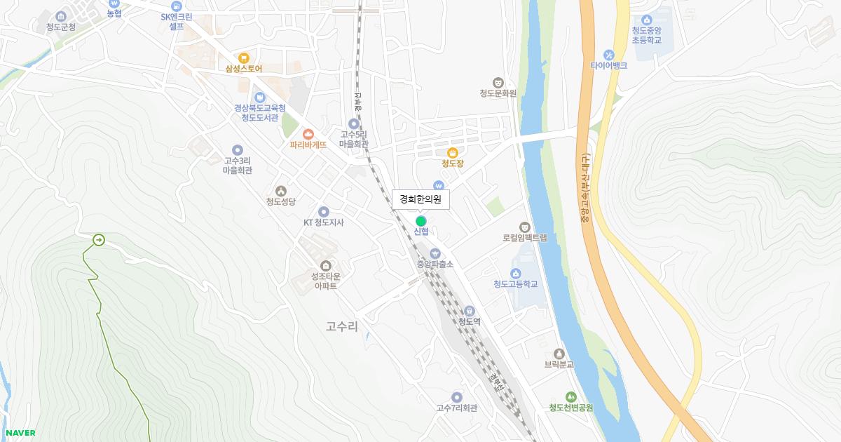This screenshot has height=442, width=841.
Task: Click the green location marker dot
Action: click(420, 221)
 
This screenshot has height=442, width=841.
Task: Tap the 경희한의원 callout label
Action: click(420, 199)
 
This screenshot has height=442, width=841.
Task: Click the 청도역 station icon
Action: click(470, 311)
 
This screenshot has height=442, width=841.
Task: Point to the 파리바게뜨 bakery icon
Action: click(308, 134)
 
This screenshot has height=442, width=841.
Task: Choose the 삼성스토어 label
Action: click(243, 69)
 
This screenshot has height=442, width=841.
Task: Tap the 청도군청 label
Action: click(56, 27)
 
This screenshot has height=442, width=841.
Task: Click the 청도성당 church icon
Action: click(281, 190)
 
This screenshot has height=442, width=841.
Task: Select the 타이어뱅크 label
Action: click(608, 65)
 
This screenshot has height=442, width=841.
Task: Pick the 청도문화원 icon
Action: click(498, 82)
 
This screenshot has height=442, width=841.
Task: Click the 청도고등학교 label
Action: click(515, 284)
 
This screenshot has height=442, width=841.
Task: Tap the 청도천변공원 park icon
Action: click(570, 397)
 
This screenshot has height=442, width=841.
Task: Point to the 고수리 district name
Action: click(342, 326)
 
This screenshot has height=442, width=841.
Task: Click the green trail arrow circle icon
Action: click(98, 241)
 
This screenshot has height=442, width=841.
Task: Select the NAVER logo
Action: click(20, 433)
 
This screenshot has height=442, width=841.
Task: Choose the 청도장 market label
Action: click(453, 163)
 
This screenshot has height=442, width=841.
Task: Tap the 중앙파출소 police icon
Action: click(435, 253)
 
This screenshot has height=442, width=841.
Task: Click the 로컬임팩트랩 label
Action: click(524, 238)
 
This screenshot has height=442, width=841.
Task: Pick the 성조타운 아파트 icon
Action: click(325, 265)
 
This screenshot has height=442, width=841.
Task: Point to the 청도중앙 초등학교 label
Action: click(646, 35)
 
